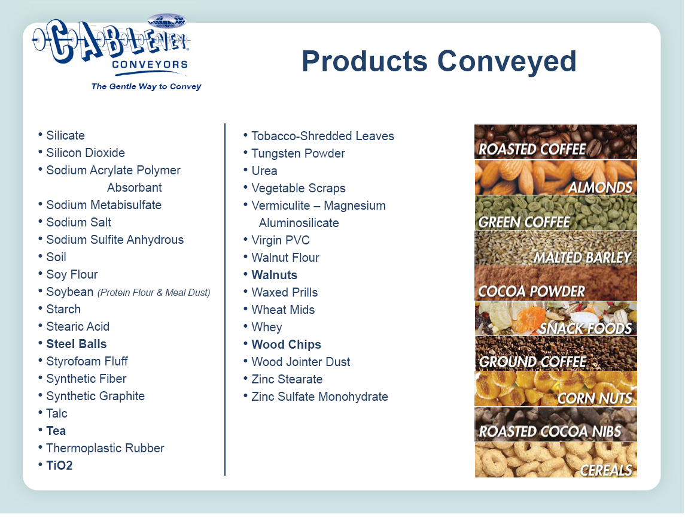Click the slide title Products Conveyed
tap(439, 61)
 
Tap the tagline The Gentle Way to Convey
tap(147, 87)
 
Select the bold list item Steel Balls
tap(77, 344)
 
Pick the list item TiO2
tap(59, 465)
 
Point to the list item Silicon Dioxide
tap(86, 153)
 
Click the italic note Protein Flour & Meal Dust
tap(154, 292)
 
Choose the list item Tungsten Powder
tap(298, 153)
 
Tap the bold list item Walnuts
tap(275, 275)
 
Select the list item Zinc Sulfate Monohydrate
tap(319, 397)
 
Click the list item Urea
tap(264, 171)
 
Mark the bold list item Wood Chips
tap(286, 344)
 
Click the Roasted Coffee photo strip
tap(556, 142)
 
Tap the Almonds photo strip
tap(556, 177)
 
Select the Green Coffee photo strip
tap(556, 213)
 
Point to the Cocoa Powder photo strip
tap(556, 283)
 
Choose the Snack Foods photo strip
tap(556, 319)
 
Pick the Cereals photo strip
tap(556, 459)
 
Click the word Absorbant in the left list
tap(135, 188)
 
